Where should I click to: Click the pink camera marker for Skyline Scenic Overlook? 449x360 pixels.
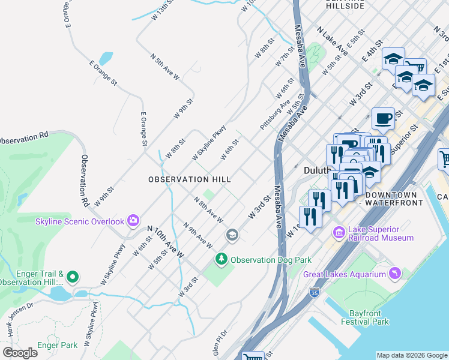(133, 221)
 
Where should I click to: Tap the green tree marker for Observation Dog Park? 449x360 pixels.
(221, 260)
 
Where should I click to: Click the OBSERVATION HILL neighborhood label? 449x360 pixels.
(189, 179)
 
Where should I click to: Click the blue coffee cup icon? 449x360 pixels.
(383, 118)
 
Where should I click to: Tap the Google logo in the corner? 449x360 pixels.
(20, 353)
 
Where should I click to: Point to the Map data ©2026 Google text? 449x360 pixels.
(412, 355)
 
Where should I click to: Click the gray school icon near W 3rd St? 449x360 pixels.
(232, 235)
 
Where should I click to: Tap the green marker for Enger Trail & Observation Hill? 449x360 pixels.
(73, 277)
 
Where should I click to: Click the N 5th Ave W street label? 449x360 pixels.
(164, 67)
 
